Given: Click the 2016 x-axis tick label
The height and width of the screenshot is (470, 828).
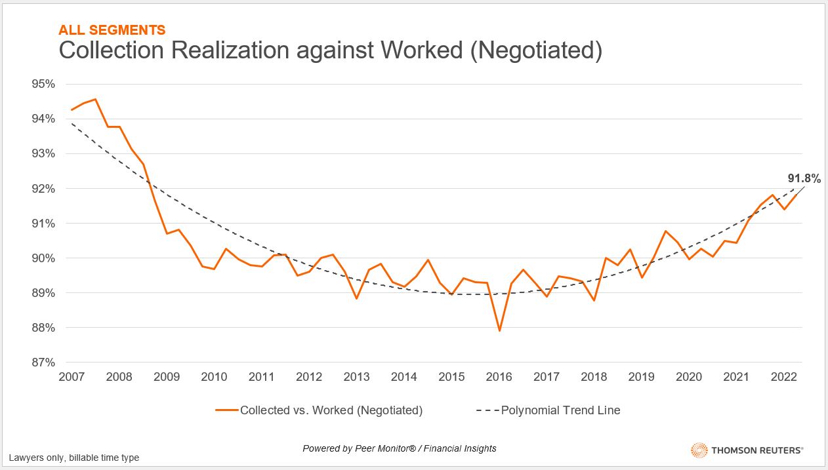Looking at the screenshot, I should [x=499, y=377].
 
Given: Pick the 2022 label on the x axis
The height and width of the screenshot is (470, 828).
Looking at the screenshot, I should [x=783, y=377].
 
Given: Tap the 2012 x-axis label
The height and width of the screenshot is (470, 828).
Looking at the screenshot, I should [x=309, y=377].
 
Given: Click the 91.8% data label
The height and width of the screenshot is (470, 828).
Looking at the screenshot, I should [x=804, y=178].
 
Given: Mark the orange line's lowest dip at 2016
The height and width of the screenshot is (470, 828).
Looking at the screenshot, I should [x=499, y=330].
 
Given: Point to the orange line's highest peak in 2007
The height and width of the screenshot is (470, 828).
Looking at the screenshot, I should [x=96, y=100].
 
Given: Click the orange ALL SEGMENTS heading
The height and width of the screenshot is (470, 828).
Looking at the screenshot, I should [x=112, y=29].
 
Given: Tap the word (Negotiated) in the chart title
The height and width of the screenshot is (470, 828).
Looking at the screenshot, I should [x=535, y=50].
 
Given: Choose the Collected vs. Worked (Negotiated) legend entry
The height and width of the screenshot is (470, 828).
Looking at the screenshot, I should [x=319, y=410].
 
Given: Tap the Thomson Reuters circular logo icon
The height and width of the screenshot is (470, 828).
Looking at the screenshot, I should [x=699, y=450].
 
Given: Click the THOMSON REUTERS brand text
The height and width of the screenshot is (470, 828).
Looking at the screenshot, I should [x=756, y=450].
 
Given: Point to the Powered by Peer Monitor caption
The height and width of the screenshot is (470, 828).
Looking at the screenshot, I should [x=399, y=448].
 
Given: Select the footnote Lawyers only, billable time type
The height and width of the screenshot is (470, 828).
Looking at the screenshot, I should [x=73, y=458].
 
